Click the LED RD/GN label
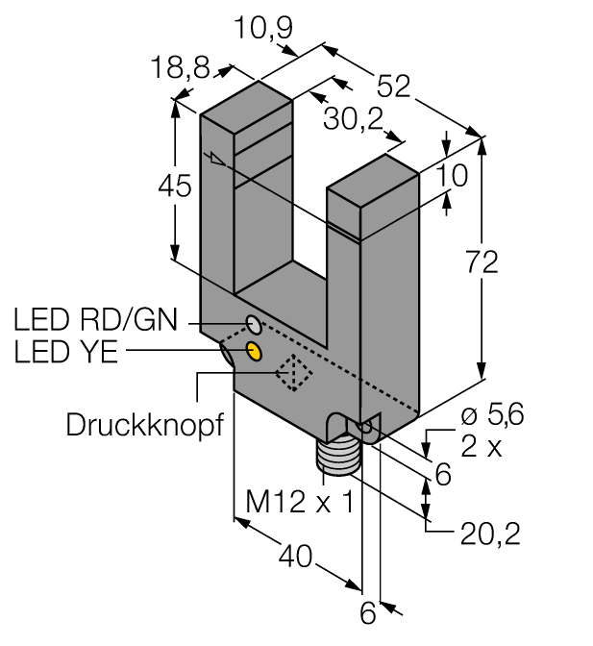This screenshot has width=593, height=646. tap(96, 319)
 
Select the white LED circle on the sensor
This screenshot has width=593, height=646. tap(252, 321)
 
